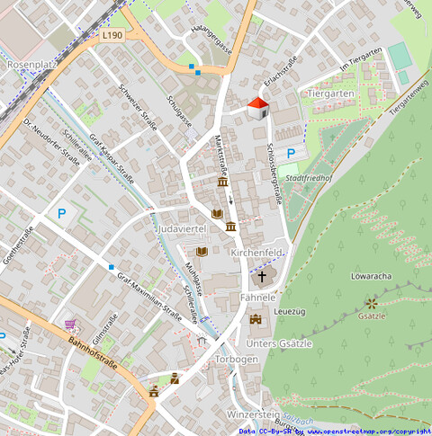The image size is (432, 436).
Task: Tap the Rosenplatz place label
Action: coord(31,66)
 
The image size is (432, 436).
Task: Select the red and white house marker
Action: coord(257,108)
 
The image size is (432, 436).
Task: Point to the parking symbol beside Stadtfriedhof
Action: coord(291,154)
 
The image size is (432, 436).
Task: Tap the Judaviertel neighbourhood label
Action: coord(182,230)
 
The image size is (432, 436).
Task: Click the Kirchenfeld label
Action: coord(257,254)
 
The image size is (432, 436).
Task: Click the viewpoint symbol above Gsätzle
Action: coord(372,303)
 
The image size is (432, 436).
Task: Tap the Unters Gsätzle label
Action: coord(279,343)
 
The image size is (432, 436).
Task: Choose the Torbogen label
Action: coord(237,359)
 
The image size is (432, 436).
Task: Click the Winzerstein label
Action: coord(254,414)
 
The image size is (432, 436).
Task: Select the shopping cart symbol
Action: coord(70,324)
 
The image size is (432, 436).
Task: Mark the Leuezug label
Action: coord(289,311)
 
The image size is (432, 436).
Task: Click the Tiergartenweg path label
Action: coord(410,95)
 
